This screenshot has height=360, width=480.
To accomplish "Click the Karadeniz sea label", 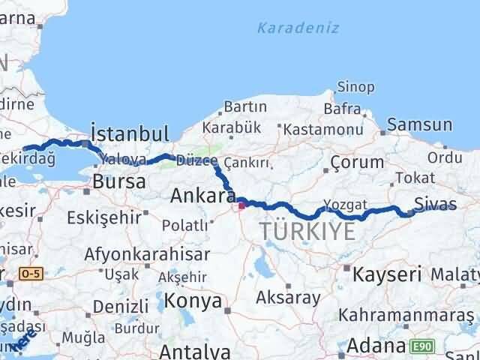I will coord(298,28).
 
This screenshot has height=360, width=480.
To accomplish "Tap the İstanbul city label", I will coord(129,134).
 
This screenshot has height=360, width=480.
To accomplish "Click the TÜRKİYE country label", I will coord(308,232).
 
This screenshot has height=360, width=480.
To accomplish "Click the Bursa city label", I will coord(114,181).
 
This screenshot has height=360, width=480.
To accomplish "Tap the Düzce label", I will coord(196,160).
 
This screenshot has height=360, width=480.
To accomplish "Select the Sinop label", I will coord(355,88).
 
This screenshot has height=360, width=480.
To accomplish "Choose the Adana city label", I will coord(377,347).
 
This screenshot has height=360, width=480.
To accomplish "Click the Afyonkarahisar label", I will coord(132,253).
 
